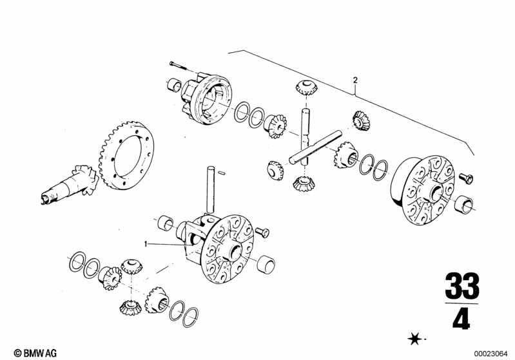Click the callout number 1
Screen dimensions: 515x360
pyautogui.click(x=146, y=243)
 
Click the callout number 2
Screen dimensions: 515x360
pyautogui.click(x=355, y=81)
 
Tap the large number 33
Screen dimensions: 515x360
pyautogui.click(x=462, y=286)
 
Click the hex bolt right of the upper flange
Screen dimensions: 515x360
pyautogui.click(x=466, y=177)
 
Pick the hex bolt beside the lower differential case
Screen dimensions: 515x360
pyautogui.click(x=262, y=231)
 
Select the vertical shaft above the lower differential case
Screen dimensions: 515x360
pyautogui.click(x=209, y=190)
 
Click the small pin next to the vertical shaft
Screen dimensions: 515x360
pyautogui.click(x=222, y=173)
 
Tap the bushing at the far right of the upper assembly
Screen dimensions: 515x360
pyautogui.click(x=464, y=206)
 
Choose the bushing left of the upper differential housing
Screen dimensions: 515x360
pyautogui.click(x=173, y=84)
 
